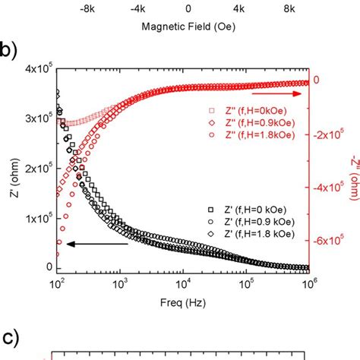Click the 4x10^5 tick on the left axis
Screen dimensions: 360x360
pyautogui.click(x=35, y=71)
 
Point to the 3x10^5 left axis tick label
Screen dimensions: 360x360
pyautogui.click(x=35, y=119)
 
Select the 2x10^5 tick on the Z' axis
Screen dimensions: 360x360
pyautogui.click(x=35, y=169)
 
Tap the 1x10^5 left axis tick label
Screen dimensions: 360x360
pyautogui.click(x=35, y=218)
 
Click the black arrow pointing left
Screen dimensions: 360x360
pyautogui.click(x=95, y=245)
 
